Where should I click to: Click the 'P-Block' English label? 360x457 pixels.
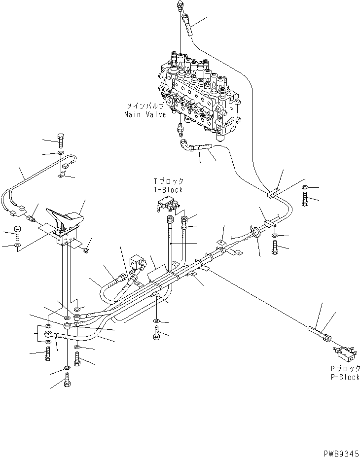345,377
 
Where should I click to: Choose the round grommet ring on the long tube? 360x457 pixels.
256,232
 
